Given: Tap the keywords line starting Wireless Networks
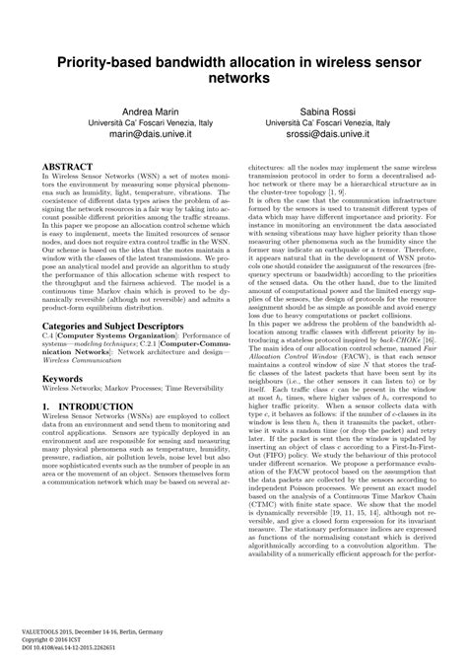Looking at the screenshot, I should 119,390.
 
